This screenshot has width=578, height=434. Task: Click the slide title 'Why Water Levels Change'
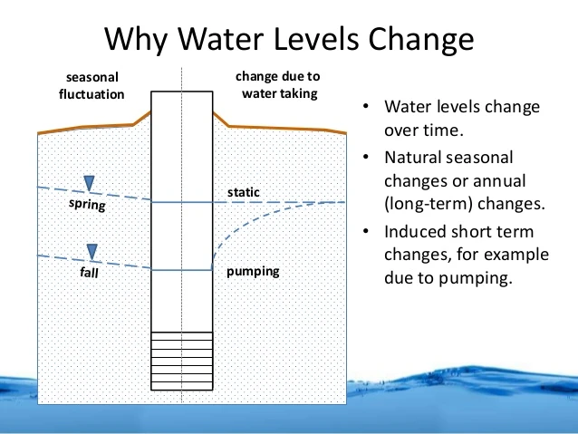289,40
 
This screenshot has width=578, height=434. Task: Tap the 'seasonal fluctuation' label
95,85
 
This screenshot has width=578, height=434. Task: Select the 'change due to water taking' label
277,84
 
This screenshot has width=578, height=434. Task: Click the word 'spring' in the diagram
88,206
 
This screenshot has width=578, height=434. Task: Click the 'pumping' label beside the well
253,271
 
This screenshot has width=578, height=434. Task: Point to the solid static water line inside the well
181,202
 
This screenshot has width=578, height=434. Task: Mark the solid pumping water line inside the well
181,270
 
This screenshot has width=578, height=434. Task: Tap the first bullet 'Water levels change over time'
462,118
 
